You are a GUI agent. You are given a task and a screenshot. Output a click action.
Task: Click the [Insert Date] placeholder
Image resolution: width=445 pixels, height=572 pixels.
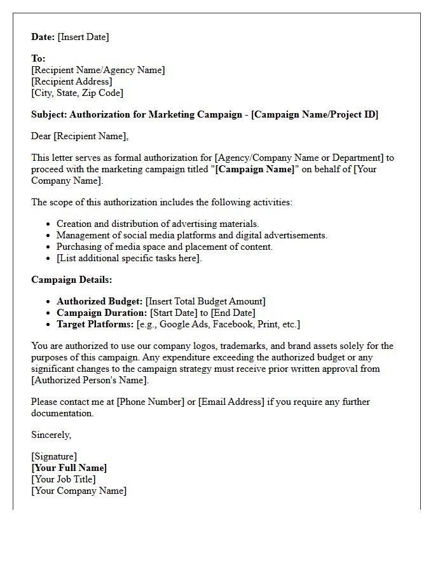tap(83, 37)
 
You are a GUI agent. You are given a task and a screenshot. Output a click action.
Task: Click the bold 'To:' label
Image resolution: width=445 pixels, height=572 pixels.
tap(38, 58)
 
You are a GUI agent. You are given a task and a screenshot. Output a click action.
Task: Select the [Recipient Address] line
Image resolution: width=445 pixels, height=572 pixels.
tap(72, 81)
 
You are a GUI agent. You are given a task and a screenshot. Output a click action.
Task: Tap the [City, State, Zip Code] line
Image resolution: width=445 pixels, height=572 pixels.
tap(77, 93)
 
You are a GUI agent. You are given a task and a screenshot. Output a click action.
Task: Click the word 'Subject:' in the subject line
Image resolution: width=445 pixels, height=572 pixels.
tap(48, 114)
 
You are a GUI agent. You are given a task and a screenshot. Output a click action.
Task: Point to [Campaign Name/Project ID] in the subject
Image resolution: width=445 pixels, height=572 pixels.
tap(315, 114)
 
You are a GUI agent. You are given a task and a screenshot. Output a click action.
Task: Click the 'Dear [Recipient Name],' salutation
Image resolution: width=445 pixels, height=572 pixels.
tap(79, 136)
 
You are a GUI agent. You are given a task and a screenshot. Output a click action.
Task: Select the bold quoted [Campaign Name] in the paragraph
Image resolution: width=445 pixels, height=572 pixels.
tap(255, 169)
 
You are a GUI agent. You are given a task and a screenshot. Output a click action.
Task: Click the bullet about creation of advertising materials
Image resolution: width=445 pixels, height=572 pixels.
tap(158, 224)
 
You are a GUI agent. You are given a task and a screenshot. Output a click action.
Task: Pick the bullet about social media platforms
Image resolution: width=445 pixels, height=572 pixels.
tap(191, 235)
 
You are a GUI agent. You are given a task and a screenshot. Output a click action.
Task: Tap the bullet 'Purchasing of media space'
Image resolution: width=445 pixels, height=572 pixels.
tap(164, 247)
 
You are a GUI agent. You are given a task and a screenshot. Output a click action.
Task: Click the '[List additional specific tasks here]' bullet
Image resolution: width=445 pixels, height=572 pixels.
tap(129, 258)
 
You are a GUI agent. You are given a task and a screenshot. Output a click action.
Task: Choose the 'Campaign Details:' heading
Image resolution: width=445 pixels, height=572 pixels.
tap(71, 280)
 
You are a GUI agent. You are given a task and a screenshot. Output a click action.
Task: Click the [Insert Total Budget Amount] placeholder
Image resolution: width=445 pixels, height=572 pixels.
tap(205, 301)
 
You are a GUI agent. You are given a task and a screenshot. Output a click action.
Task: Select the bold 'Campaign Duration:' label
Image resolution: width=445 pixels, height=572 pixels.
tap(102, 313)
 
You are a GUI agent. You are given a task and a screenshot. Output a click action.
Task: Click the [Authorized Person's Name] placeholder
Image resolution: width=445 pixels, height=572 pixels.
tap(90, 380)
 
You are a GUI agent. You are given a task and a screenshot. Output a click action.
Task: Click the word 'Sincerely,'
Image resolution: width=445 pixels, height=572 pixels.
tap(51, 435)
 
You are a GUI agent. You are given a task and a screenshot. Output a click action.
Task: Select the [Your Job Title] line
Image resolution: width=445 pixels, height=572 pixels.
tap(64, 479)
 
